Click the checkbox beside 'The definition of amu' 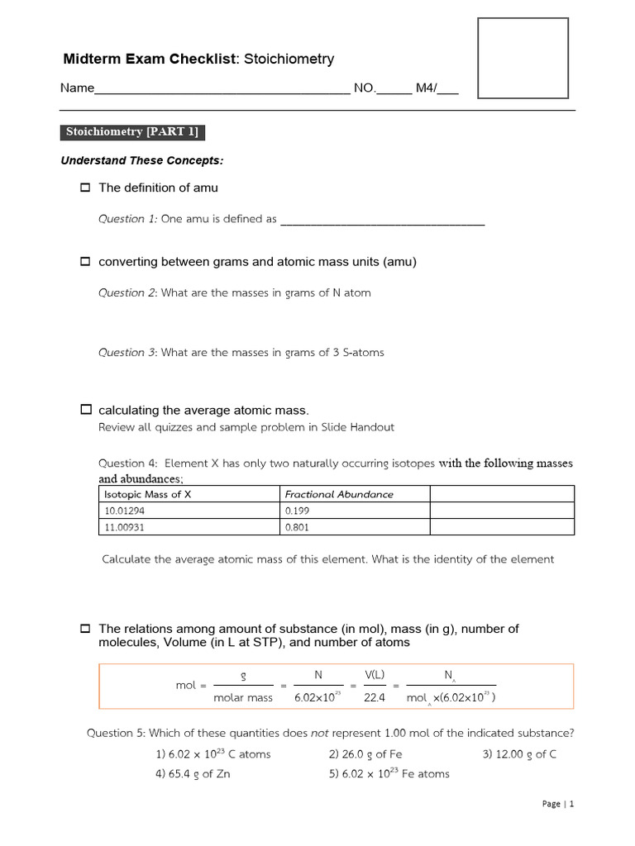click(x=84, y=188)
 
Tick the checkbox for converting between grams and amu click(x=84, y=262)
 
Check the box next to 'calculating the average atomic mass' click(x=84, y=410)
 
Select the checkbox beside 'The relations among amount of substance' click(x=84, y=629)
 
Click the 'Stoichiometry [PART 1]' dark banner click(x=133, y=133)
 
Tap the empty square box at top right click(x=523, y=59)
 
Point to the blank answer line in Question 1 click(x=382, y=220)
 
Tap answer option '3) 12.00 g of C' click(x=519, y=753)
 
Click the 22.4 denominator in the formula click(x=375, y=698)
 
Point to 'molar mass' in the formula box click(x=243, y=698)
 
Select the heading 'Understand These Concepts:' click(x=142, y=160)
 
